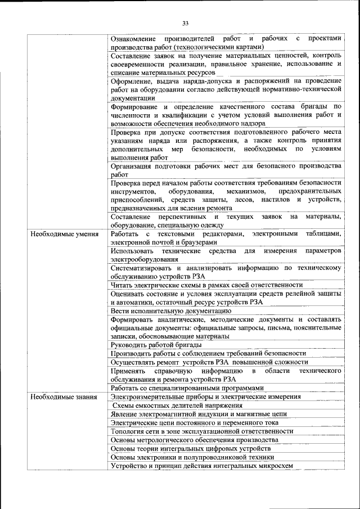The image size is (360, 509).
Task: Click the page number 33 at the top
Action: (x=185, y=23)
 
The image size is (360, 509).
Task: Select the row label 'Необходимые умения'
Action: (x=65, y=234)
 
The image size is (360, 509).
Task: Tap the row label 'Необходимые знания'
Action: (x=64, y=397)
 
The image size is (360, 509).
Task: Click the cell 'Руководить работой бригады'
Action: (x=156, y=344)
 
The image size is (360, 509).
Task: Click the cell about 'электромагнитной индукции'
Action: (x=199, y=414)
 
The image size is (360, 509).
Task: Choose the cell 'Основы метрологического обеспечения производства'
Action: (x=194, y=440)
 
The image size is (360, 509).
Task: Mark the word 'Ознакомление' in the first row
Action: (x=135, y=38)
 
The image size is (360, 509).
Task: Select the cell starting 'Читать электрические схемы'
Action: (x=195, y=286)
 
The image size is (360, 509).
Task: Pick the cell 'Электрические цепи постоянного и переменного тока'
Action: (x=195, y=422)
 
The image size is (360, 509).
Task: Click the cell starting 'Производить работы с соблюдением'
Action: (x=208, y=353)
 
